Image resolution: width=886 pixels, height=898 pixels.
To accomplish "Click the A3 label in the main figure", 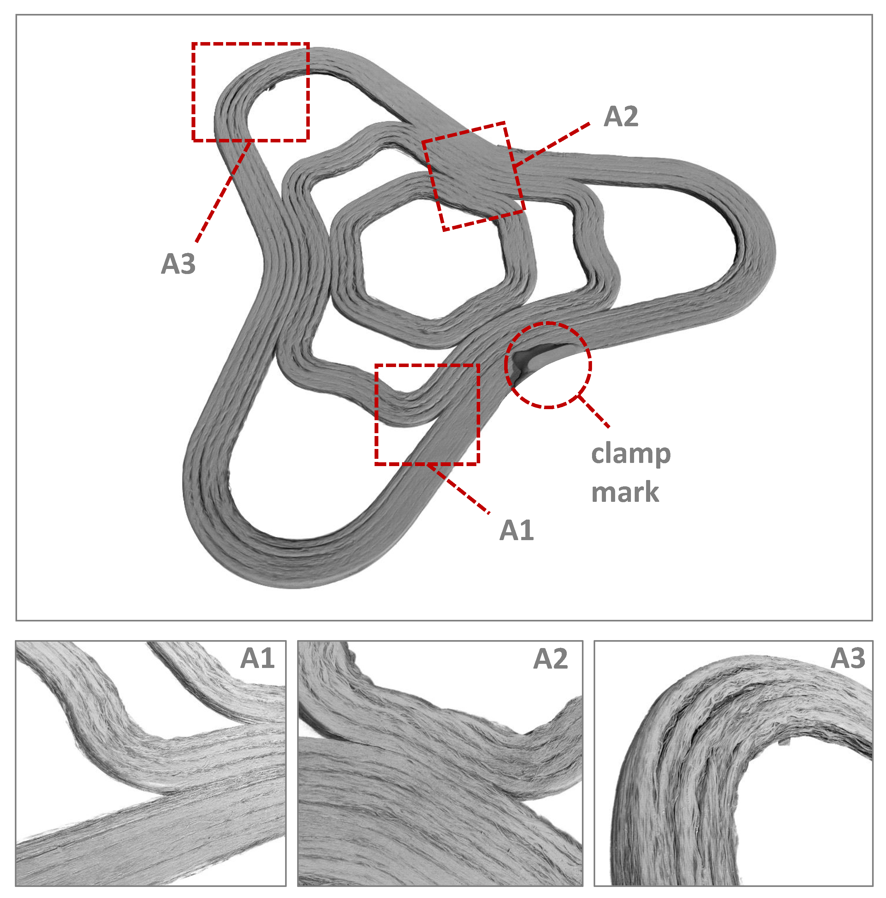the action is [178, 264].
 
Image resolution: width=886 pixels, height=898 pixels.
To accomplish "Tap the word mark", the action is [625, 493].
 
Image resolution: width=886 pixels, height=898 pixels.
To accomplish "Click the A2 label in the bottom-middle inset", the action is [550, 659].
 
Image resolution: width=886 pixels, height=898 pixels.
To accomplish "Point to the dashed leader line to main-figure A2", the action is [553, 144].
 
